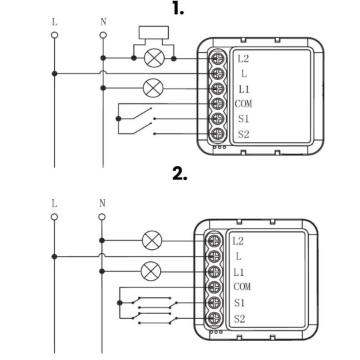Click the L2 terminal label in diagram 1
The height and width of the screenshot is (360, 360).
point(244,59)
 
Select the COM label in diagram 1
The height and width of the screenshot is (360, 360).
point(244,104)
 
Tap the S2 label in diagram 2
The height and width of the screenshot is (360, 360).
point(241,318)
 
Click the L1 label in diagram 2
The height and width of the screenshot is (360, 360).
point(241,272)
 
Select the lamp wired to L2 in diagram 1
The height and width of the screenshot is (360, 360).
point(154,59)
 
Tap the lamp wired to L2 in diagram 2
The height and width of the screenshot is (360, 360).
point(153,240)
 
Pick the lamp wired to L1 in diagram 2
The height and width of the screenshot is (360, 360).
point(153,271)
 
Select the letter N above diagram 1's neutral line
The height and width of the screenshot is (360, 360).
point(103,21)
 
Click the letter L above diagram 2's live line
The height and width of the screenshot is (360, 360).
point(54,203)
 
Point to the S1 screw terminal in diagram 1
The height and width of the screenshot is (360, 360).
point(216,119)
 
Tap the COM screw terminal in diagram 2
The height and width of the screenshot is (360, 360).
point(213,287)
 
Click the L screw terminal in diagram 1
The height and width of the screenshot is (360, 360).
point(216,73)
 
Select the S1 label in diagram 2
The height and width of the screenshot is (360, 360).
point(241,303)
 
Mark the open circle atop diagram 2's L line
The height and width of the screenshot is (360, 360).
point(54,215)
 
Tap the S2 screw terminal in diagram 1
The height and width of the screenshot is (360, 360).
point(216,134)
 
